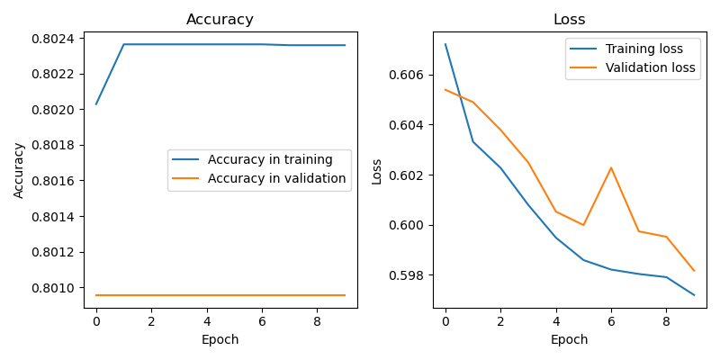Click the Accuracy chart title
(x=220, y=20)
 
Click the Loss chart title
(x=569, y=20)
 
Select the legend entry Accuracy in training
(x=270, y=159)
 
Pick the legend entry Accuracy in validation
(x=276, y=178)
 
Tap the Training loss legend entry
(x=644, y=49)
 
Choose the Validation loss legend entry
(x=650, y=67)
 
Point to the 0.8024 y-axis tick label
(x=57, y=38)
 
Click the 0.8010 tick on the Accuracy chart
(x=57, y=288)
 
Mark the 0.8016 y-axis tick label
(x=57, y=181)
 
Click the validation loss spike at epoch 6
(x=611, y=167)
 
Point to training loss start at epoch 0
(x=445, y=44)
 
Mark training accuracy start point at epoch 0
(x=96, y=103)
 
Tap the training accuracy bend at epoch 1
(x=123, y=44)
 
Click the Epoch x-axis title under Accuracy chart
(x=220, y=339)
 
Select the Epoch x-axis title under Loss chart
(x=569, y=339)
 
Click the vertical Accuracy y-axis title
(x=19, y=169)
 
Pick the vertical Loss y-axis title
(x=377, y=171)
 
